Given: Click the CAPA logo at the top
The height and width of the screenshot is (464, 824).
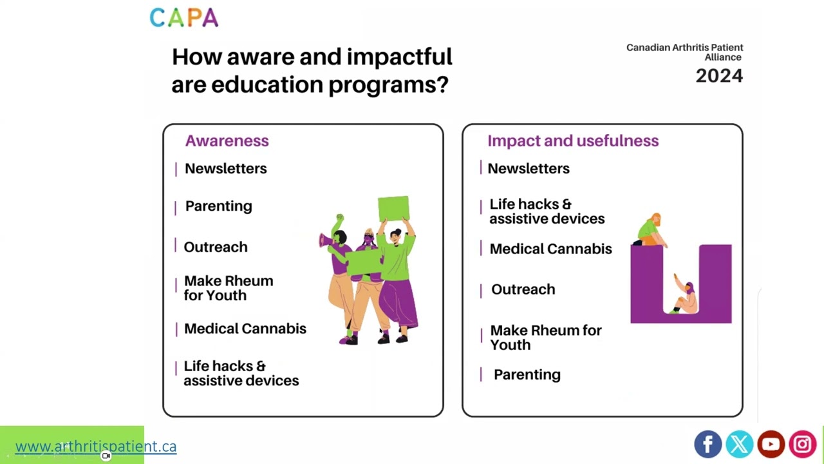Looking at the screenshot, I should click(x=184, y=17).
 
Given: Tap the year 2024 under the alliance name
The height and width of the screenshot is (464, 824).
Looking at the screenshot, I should click(x=718, y=76).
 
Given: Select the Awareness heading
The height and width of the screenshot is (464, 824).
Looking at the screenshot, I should click(x=227, y=140).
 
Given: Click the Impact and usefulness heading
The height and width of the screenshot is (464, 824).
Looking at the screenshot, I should click(x=572, y=140).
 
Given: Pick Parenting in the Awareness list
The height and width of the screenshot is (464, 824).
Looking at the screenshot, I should click(x=218, y=206).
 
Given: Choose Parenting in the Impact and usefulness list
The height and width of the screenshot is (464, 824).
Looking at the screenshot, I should click(x=527, y=374).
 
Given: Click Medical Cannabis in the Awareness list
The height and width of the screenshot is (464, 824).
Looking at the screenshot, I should click(x=245, y=329).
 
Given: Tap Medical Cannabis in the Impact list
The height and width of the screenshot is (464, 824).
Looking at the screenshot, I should click(x=550, y=249).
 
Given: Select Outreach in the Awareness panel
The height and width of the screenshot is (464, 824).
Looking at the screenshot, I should click(x=215, y=247).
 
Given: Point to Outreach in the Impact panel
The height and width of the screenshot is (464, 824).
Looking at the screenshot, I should click(x=523, y=289).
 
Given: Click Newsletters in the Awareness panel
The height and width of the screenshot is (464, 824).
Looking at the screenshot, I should click(x=225, y=168).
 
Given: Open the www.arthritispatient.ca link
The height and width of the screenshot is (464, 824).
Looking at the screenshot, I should click(x=96, y=446).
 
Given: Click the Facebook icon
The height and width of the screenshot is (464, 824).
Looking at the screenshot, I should click(x=707, y=444).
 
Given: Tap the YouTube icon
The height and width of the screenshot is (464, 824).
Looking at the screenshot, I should click(x=771, y=444).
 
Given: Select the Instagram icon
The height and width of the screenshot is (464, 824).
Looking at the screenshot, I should click(x=802, y=444).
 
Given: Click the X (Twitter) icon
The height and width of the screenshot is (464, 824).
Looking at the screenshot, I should click(x=739, y=444).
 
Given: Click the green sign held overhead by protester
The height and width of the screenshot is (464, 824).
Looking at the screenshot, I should click(x=393, y=209).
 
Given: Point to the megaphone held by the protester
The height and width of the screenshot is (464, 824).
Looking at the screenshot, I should click(x=326, y=241).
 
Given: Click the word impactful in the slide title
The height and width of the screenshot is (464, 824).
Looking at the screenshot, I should click(x=399, y=57).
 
